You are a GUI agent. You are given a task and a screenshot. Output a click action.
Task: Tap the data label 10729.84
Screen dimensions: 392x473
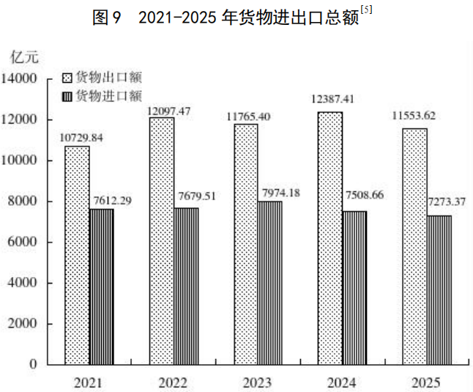(x=82, y=137)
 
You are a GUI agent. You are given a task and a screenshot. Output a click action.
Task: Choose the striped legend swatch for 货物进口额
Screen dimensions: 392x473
(x=67, y=96)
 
